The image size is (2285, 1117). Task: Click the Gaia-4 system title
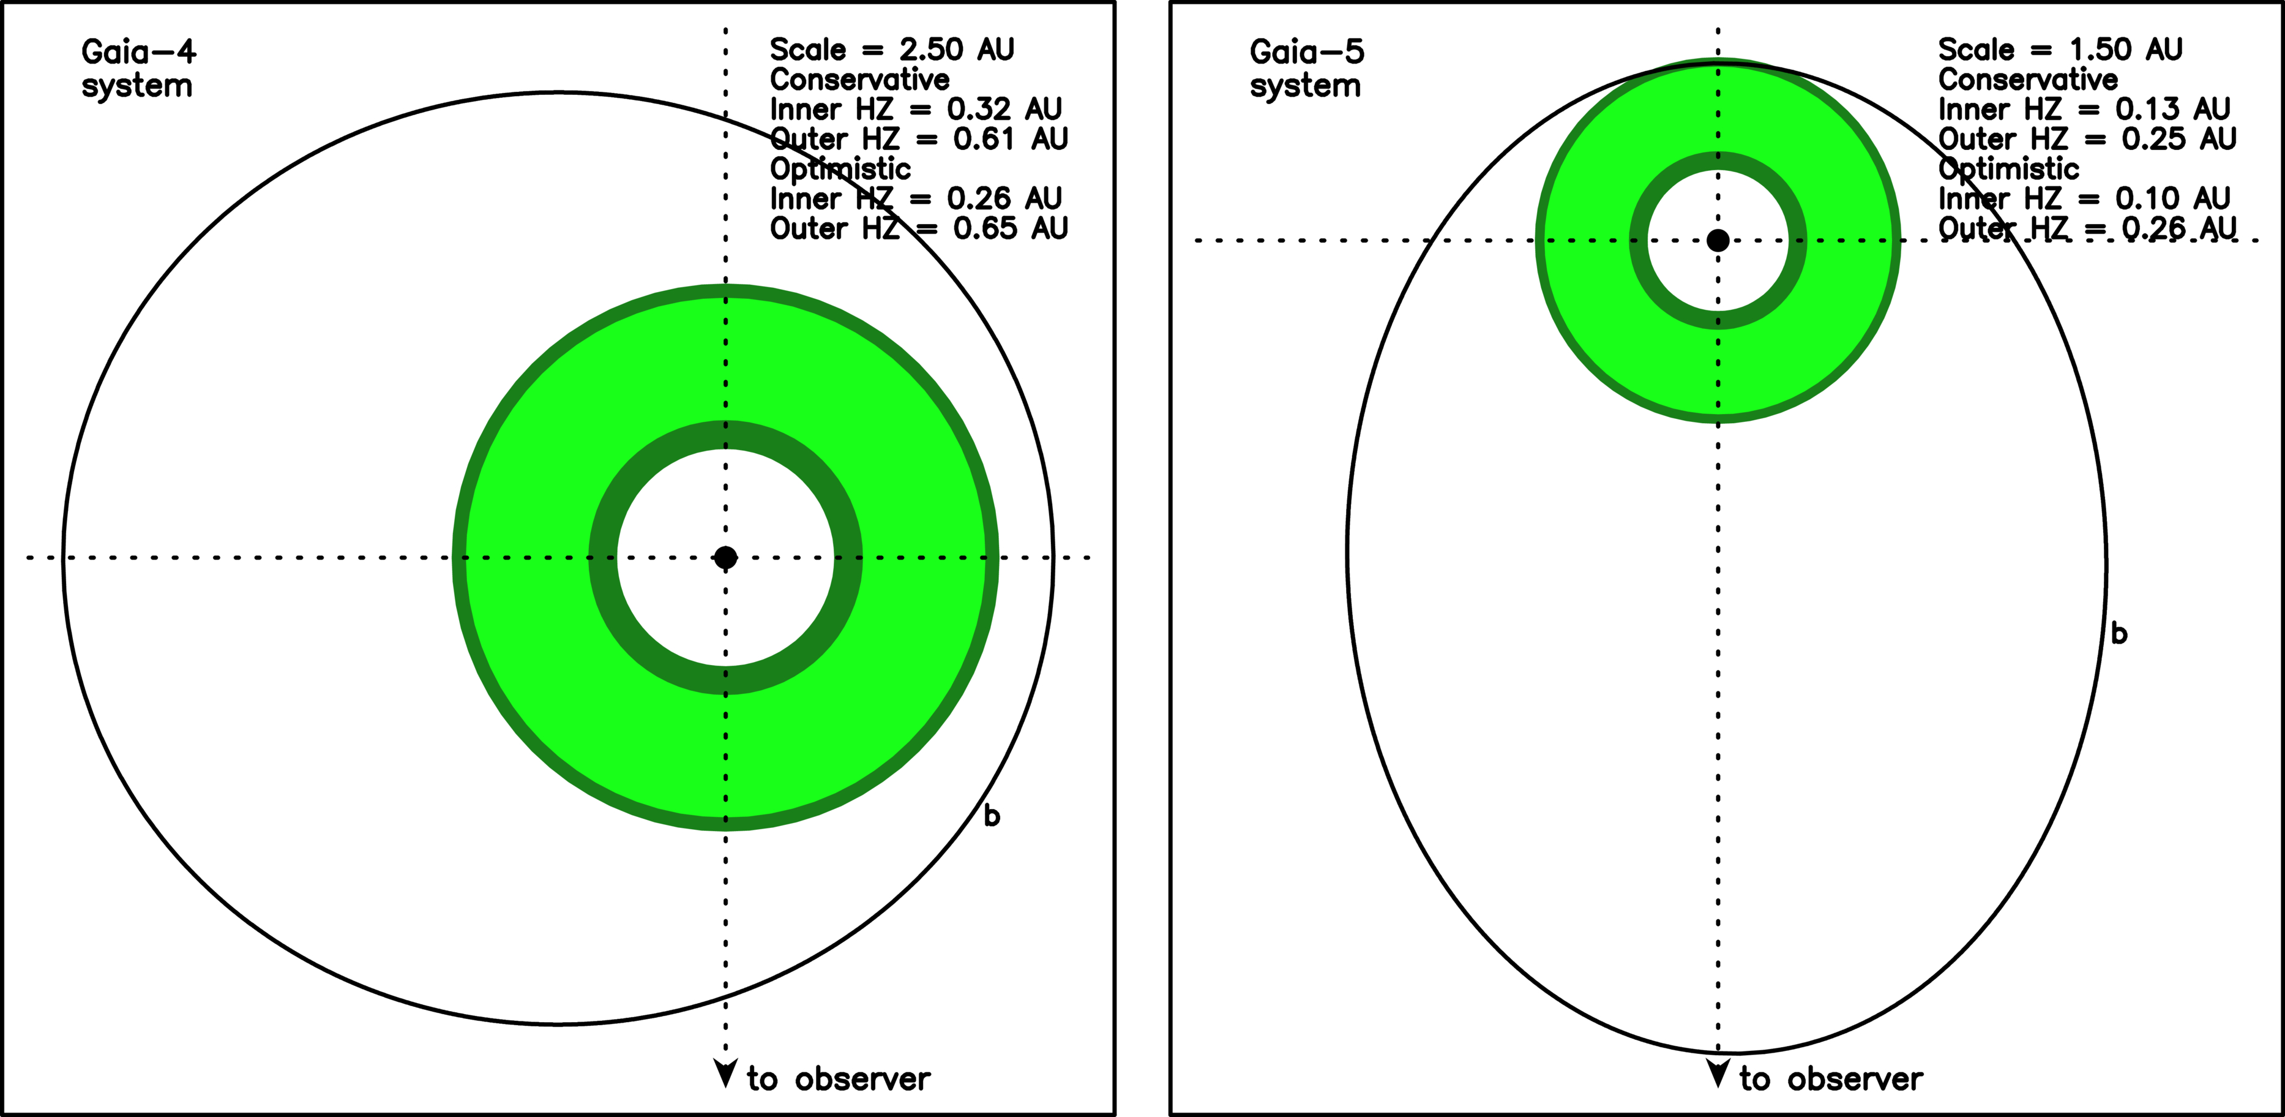point(138,69)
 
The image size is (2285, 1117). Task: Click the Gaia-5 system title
point(1307,69)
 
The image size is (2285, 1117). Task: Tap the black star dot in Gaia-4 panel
point(725,557)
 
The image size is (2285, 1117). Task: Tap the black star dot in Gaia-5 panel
point(1718,239)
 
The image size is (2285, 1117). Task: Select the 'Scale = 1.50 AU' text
point(2060,49)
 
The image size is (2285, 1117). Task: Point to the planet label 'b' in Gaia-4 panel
point(992,815)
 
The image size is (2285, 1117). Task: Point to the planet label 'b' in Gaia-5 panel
point(2119,633)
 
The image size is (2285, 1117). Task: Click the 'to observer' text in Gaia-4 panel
point(838,1079)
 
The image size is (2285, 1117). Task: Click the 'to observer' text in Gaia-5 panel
point(1831,1079)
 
